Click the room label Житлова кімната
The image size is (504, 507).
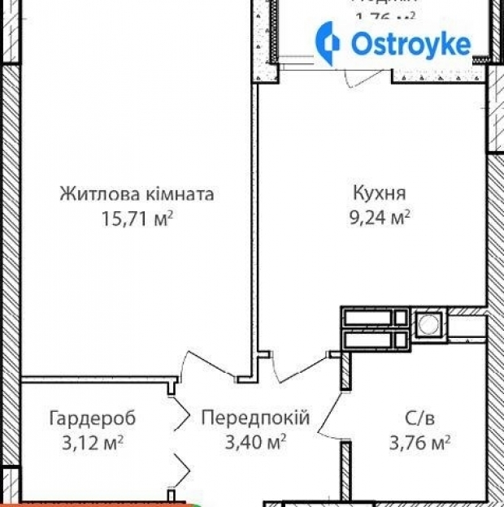pyautogui.click(x=137, y=195)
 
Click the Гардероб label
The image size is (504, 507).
pyautogui.click(x=92, y=418)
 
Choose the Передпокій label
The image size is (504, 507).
pyautogui.click(x=255, y=418)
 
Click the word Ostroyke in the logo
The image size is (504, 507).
pyautogui.click(x=411, y=45)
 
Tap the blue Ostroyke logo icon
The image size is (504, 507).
pyautogui.click(x=329, y=44)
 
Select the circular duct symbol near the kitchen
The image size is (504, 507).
pyautogui.click(x=427, y=324)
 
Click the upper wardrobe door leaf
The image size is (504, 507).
pyautogui.click(x=180, y=414)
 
